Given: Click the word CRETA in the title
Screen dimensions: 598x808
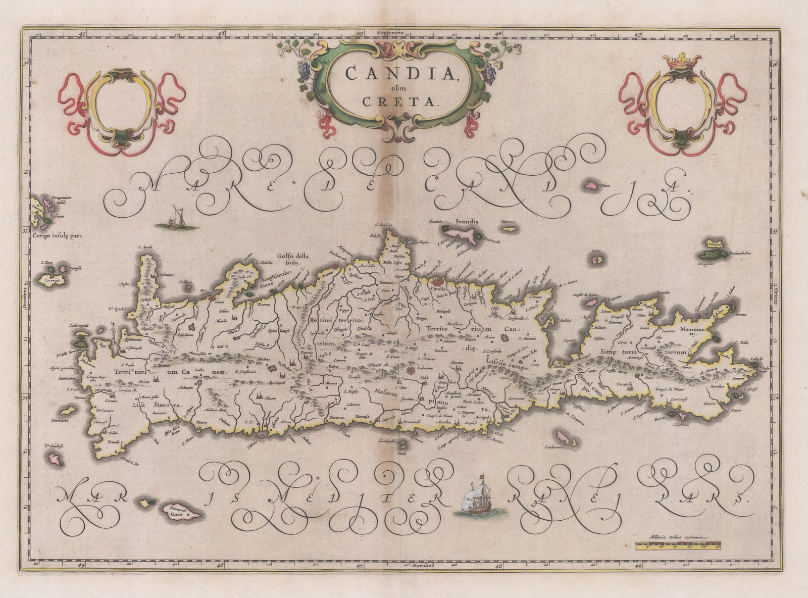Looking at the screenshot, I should point(404,101).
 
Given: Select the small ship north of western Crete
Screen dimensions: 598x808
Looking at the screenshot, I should point(175,217).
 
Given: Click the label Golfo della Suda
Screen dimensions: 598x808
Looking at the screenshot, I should point(292,259).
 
